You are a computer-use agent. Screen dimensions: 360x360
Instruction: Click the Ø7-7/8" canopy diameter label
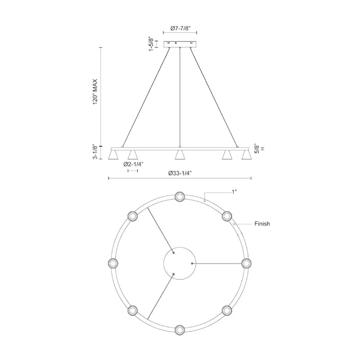click(x=181, y=28)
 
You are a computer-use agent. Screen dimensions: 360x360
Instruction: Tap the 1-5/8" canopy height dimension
click(x=151, y=44)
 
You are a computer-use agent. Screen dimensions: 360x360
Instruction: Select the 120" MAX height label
click(x=95, y=92)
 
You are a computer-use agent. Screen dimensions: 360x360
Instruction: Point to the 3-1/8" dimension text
click(x=94, y=152)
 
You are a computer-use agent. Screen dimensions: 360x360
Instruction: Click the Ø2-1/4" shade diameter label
click(x=133, y=164)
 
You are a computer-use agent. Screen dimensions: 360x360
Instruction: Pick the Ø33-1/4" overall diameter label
click(x=180, y=173)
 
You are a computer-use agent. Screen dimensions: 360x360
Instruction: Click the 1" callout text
click(x=234, y=192)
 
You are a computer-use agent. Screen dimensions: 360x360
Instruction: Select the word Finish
click(x=262, y=224)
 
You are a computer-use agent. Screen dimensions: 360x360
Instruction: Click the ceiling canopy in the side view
click(x=180, y=44)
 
